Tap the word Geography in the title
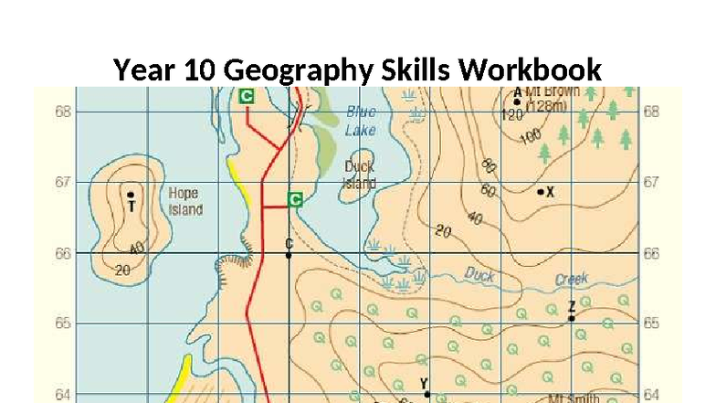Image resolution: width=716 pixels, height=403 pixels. point(291,70)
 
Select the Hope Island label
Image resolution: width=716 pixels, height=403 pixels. point(185,202)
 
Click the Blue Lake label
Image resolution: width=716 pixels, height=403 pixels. point(360,122)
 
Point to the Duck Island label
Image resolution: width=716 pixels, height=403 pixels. point(359,175)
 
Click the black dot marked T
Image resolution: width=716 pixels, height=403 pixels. point(131,195)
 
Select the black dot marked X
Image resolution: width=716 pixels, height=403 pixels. point(541,192)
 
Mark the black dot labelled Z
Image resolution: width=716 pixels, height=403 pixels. point(572,318)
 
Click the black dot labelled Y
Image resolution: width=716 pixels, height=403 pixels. point(426,394)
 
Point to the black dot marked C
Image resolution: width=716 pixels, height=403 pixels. point(289,255)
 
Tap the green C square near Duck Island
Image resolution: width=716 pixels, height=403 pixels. point(295,198)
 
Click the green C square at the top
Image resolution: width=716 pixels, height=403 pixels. point(247,95)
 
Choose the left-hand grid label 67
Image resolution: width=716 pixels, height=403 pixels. point(63,182)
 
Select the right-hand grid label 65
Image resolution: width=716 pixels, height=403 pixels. point(650,323)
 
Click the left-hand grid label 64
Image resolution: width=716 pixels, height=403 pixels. point(63,394)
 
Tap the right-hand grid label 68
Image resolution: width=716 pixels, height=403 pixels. point(650,111)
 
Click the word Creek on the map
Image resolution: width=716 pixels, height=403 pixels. point(572,280)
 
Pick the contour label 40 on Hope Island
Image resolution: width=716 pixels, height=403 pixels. point(137,249)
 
